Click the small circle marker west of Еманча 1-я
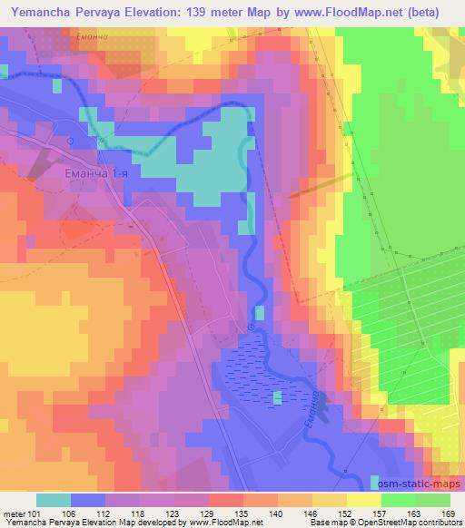point(71,141)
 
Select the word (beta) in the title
point(434,12)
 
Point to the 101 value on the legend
point(35,513)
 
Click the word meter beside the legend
point(13,513)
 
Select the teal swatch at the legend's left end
point(53,500)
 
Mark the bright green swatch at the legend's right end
point(432,500)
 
